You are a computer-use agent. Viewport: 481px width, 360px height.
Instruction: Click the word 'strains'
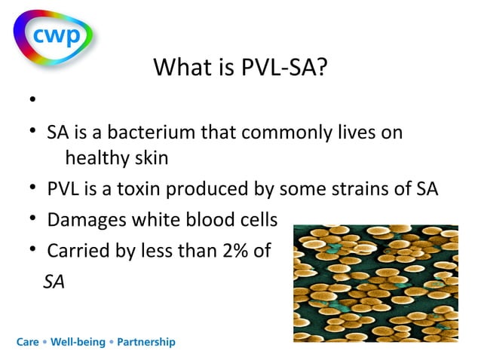click(366, 188)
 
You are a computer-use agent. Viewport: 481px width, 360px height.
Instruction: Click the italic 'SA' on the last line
click(54, 282)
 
